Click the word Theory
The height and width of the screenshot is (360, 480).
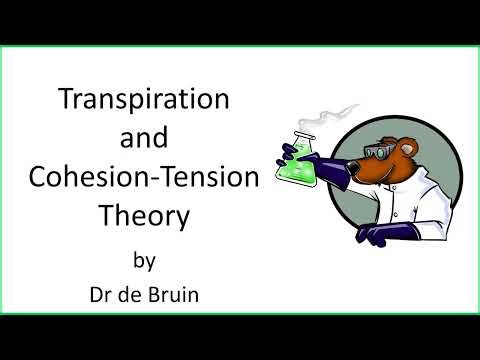click(x=146, y=214)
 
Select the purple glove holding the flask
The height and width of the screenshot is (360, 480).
click(x=291, y=151)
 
